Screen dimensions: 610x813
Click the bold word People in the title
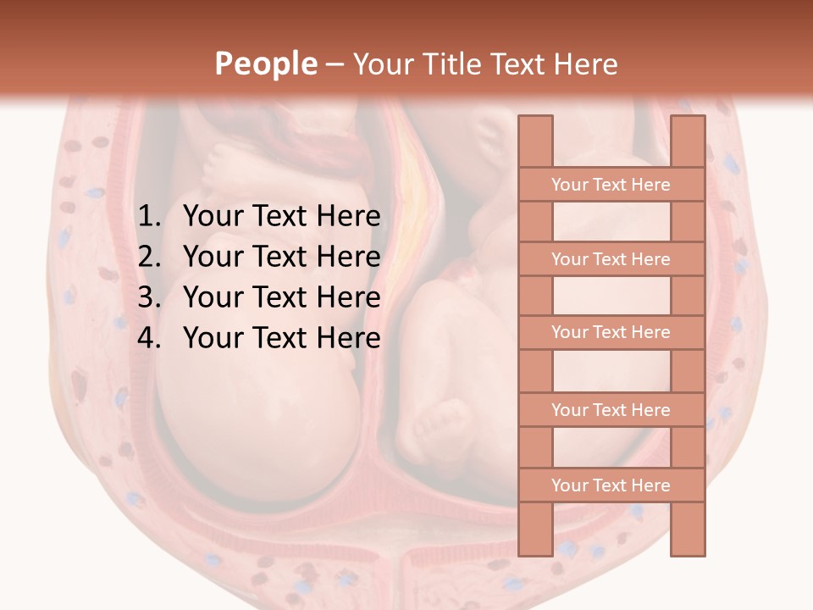tap(265, 64)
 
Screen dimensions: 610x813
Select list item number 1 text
tap(281, 217)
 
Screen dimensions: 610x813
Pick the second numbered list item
tap(281, 257)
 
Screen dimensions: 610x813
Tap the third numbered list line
tap(281, 297)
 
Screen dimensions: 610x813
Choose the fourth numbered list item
tap(281, 338)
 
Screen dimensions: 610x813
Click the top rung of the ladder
tap(611, 185)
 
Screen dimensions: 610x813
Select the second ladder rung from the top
tap(611, 259)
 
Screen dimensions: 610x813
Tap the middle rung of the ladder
tap(611, 333)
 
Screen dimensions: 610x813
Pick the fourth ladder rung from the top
tap(611, 410)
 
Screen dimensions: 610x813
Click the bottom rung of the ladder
tap(611, 485)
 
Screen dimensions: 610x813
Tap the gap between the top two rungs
tap(611, 222)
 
